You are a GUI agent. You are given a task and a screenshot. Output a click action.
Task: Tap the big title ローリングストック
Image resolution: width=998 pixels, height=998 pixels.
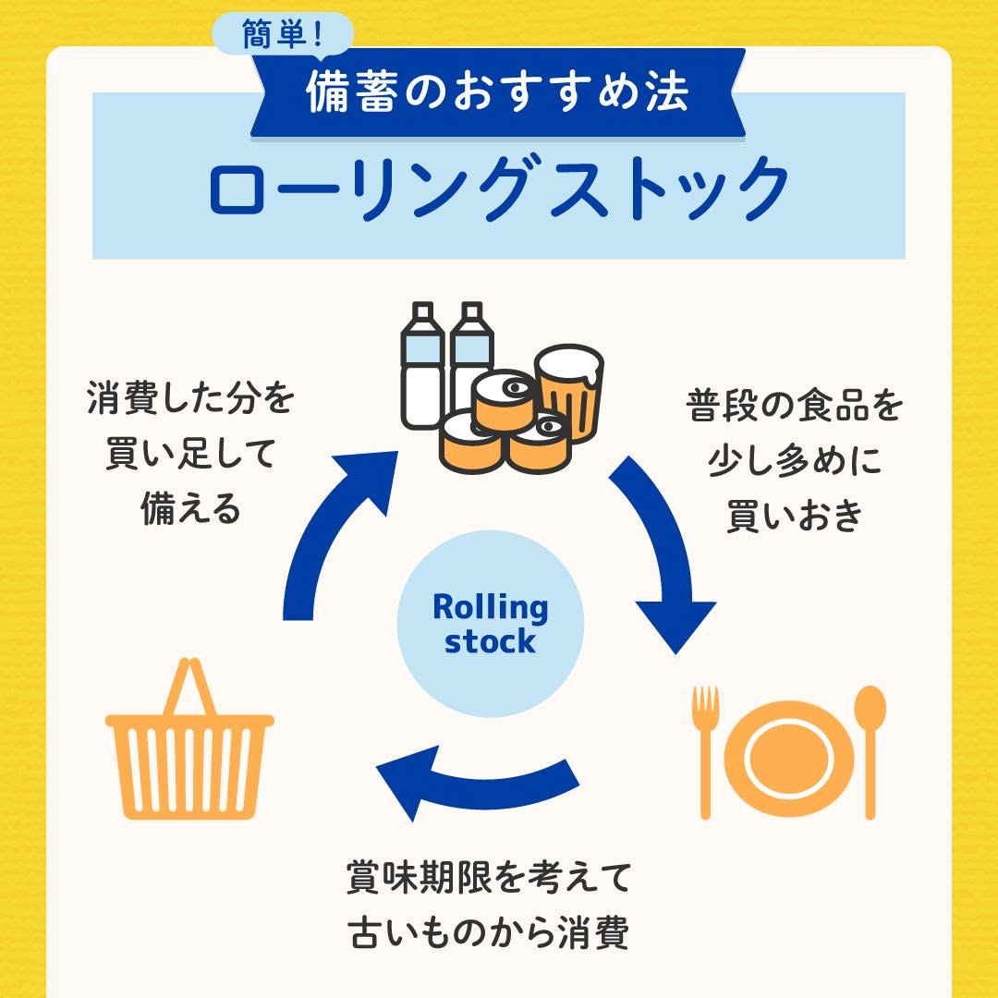point(499,189)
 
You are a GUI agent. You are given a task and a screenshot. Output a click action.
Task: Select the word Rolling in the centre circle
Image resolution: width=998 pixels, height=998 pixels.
point(490,608)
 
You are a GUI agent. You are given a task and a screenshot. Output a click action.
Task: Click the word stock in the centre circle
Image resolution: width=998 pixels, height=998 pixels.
point(490,641)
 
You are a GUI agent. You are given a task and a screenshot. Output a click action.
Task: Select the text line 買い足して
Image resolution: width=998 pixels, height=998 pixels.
point(190,456)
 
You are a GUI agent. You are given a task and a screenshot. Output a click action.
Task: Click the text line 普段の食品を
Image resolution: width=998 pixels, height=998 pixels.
point(794,406)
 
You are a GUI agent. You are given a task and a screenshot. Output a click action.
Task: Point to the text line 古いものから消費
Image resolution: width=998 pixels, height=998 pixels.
point(490,933)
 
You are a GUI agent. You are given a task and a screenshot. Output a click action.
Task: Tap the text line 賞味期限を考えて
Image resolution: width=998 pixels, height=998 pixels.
point(490,876)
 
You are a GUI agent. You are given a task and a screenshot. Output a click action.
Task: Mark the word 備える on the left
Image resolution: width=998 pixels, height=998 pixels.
point(190,508)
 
